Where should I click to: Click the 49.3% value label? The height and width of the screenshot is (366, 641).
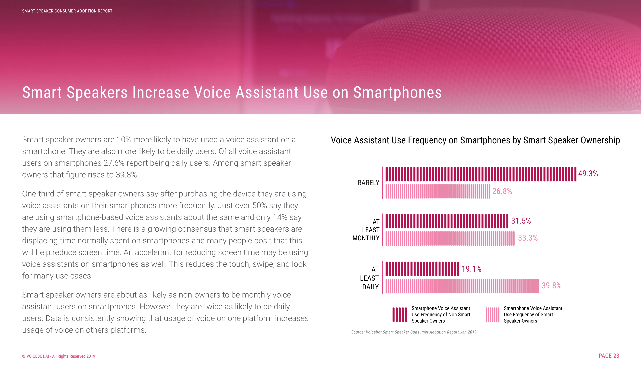point(588,173)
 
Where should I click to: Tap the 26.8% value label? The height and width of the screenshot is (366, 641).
point(502,191)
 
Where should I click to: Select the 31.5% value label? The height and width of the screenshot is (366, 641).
point(521,221)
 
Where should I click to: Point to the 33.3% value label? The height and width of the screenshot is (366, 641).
point(528,238)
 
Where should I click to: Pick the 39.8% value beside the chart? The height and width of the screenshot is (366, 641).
point(551,286)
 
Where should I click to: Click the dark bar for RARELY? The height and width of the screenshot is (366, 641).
point(480,174)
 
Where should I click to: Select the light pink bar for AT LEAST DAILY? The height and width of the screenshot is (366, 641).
point(462,286)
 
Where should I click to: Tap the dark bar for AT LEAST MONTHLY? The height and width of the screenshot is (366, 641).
point(447,221)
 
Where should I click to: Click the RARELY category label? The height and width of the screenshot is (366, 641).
point(368,183)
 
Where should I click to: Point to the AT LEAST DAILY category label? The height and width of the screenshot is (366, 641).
point(369,278)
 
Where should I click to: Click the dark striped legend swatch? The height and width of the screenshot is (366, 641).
point(400,315)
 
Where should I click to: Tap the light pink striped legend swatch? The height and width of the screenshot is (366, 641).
point(492,315)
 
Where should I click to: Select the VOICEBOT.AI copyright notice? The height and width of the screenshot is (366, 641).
point(59,356)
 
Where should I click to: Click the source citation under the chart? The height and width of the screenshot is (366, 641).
point(414,332)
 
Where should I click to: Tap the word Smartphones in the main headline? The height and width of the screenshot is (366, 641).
point(397,92)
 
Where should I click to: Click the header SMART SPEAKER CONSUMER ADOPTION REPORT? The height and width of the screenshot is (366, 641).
point(67,11)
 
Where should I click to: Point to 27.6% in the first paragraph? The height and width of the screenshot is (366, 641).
point(114,163)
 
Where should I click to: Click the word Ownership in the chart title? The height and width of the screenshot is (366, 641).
point(600,140)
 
